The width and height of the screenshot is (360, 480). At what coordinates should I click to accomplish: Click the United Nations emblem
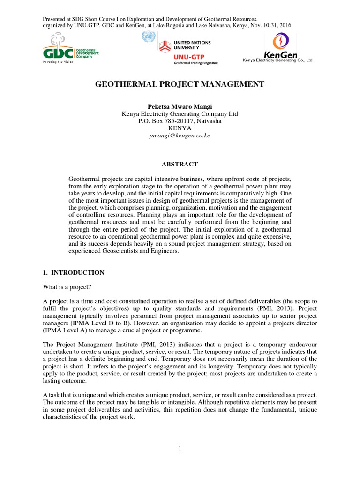click(x=150, y=37)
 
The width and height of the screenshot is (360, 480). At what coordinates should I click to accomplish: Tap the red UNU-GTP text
click(x=186, y=56)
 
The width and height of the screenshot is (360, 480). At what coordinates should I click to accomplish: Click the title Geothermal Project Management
click(x=180, y=84)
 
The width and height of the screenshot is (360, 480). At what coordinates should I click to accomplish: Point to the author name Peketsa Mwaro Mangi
click(x=180, y=106)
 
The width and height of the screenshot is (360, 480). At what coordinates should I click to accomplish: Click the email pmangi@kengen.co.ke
click(x=180, y=135)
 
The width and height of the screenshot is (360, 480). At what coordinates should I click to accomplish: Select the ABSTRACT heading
click(x=180, y=164)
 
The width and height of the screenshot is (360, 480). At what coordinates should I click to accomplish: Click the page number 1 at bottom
click(x=180, y=449)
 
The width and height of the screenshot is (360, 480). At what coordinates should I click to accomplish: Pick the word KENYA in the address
click(x=180, y=128)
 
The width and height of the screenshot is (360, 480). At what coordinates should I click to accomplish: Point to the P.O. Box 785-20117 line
click(x=180, y=121)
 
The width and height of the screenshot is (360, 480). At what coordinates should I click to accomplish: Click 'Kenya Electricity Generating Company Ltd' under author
click(x=180, y=114)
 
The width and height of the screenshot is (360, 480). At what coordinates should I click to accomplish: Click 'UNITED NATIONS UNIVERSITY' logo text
click(x=193, y=45)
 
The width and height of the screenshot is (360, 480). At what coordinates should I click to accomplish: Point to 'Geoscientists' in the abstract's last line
click(x=117, y=251)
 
